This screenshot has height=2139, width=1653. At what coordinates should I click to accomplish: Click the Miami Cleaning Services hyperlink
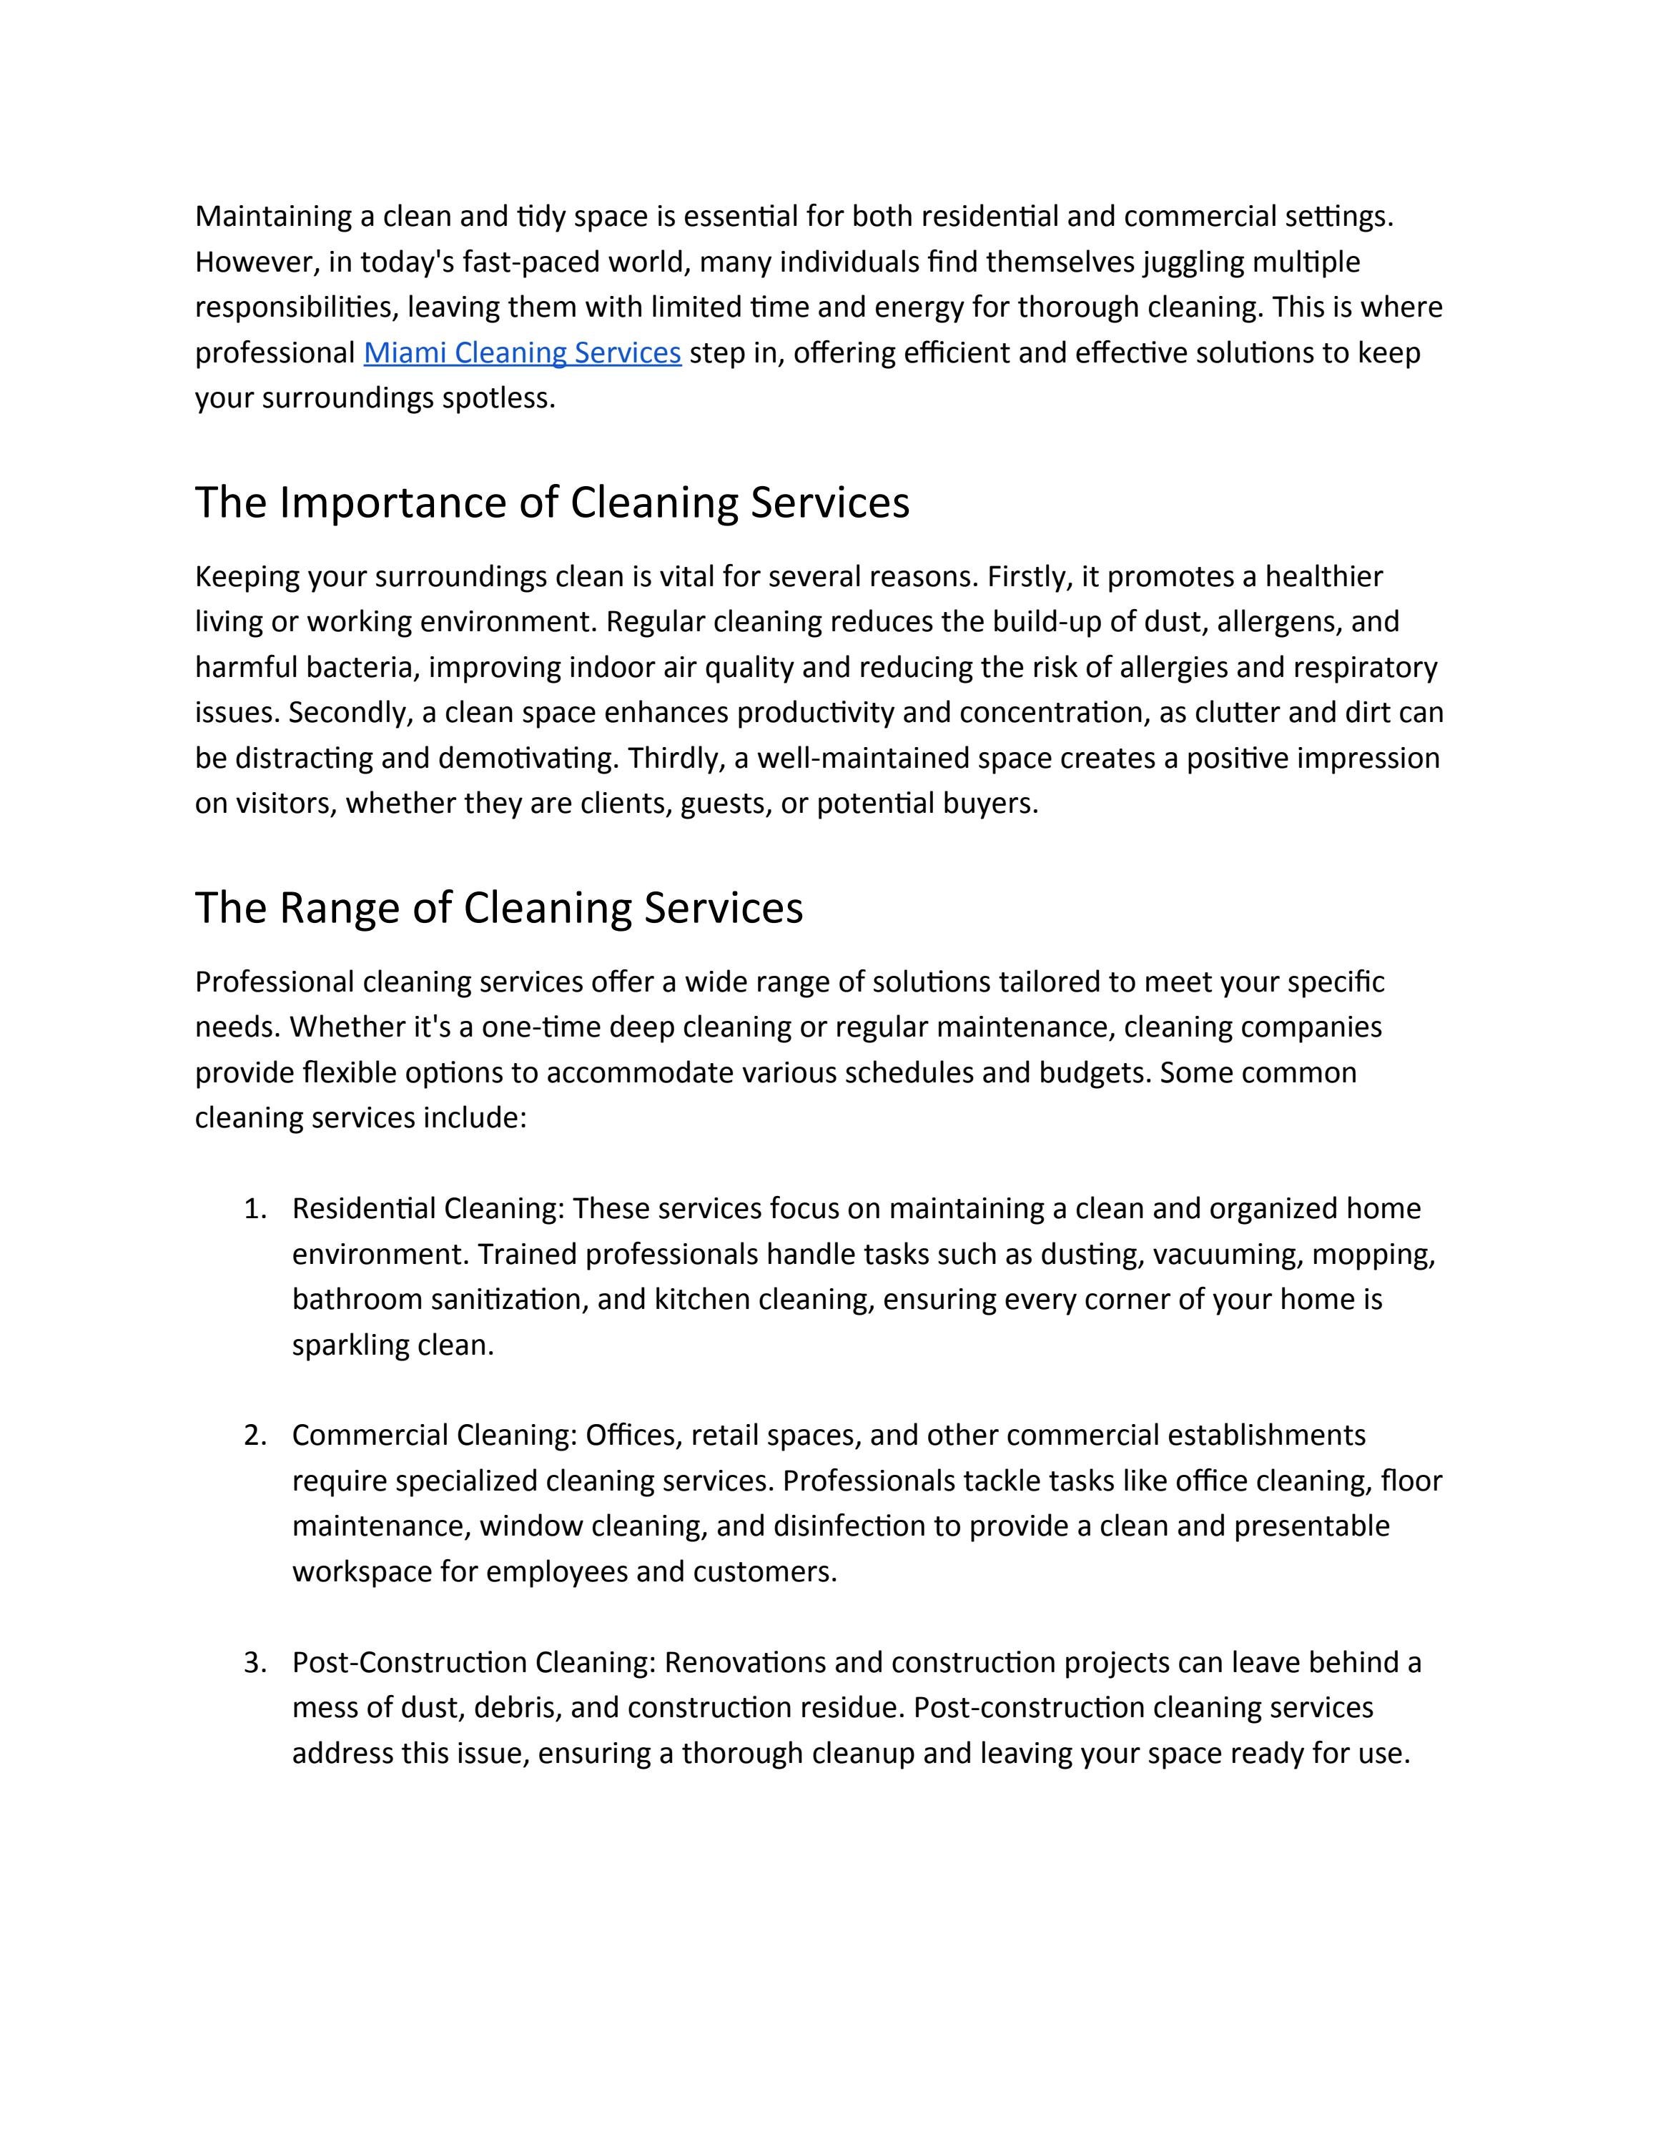[522, 352]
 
